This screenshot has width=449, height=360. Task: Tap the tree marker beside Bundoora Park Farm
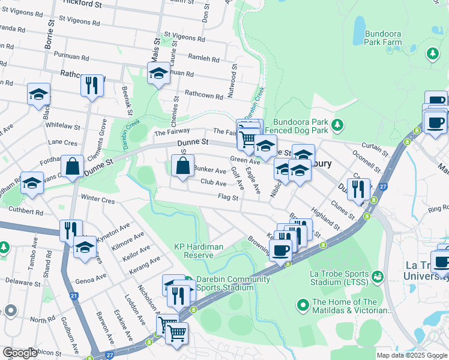click(432, 54)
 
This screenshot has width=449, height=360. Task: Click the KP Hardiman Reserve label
click(194, 250)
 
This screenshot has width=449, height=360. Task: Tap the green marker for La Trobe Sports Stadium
click(378, 276)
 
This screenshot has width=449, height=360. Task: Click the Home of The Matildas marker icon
click(303, 307)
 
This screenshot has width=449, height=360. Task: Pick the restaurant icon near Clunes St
click(358, 190)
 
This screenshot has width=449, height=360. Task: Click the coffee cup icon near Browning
click(280, 250)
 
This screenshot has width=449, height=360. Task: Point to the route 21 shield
click(73, 296)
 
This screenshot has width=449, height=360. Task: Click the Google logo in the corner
click(20, 353)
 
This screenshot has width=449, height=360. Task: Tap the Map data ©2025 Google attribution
click(411, 355)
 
